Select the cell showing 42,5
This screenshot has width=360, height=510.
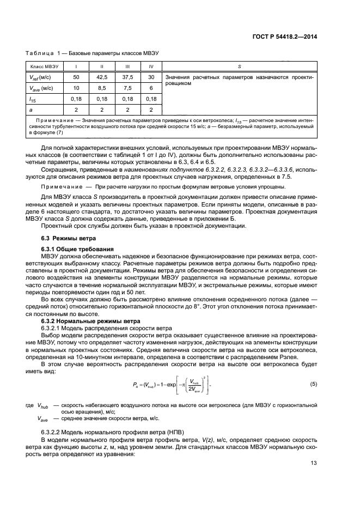[x=102, y=77]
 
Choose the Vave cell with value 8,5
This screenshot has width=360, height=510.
[x=102, y=88]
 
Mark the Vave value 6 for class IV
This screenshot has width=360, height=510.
[x=151, y=88]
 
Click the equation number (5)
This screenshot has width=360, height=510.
[x=313, y=384]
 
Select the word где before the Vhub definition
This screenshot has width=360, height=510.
[x=29, y=405]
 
